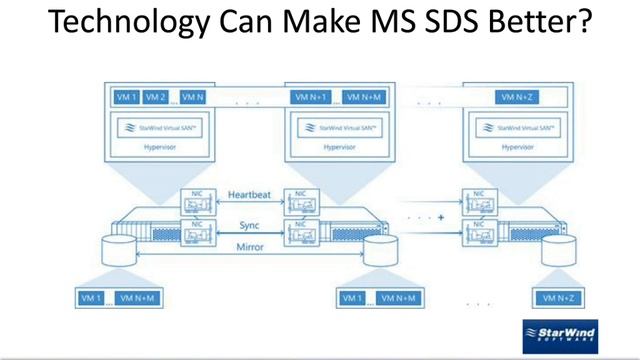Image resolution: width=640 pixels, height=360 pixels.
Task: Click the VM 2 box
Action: point(155,97)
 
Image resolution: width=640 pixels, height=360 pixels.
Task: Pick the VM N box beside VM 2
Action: point(194,97)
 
